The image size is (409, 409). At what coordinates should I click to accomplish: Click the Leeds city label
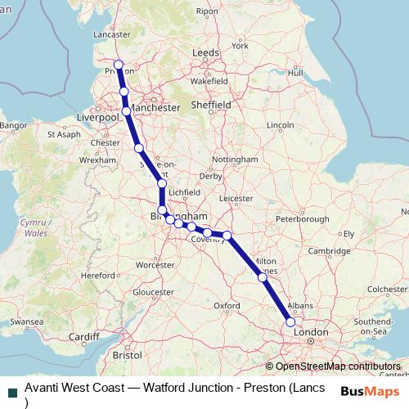[205, 52]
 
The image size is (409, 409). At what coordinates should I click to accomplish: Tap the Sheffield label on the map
[211, 106]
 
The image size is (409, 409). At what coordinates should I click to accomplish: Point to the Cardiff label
[83, 336]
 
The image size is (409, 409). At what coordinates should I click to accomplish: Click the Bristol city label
[127, 356]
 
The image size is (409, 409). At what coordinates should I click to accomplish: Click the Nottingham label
[235, 159]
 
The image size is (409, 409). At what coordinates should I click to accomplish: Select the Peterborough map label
[302, 219]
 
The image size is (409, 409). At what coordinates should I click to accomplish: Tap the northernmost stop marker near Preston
[118, 65]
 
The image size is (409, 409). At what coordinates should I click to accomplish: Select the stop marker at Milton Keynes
[263, 277]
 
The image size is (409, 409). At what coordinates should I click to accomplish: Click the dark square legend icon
[11, 391]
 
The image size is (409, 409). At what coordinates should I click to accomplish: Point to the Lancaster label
[113, 35]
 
